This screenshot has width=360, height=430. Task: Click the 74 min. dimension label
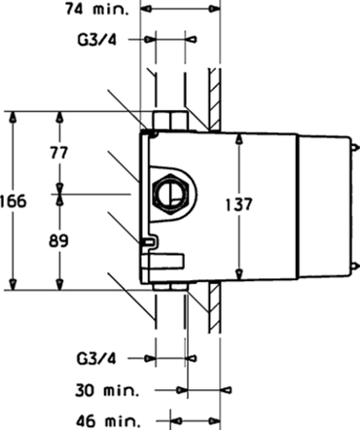[x=97, y=10]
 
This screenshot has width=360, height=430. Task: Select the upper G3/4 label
[x=97, y=40]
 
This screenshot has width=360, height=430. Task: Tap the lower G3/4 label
[x=96, y=359]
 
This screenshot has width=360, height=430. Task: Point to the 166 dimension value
[x=13, y=201]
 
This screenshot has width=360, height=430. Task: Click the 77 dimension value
[x=59, y=153]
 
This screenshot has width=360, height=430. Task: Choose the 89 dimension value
[x=58, y=241]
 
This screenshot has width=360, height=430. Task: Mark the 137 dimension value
[x=238, y=204]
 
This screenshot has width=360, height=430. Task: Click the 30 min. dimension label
[x=107, y=390]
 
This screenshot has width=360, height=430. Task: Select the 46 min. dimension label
[x=108, y=421]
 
